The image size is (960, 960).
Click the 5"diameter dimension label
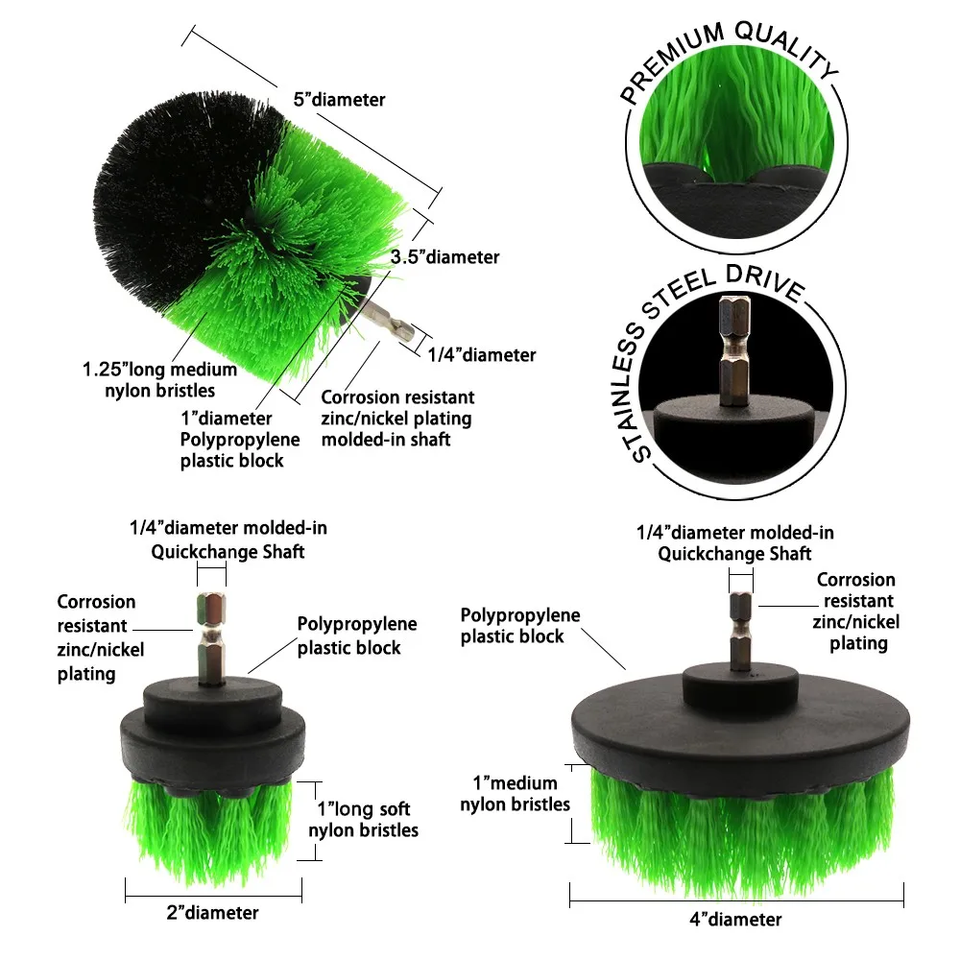(339, 99)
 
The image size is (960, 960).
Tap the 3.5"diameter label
(445, 256)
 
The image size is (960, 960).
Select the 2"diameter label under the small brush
(212, 912)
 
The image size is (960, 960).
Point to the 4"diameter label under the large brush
(735, 919)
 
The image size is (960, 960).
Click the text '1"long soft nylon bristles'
(364, 819)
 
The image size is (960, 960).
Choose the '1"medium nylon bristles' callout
(515, 794)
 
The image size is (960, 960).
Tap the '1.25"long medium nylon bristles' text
(159, 379)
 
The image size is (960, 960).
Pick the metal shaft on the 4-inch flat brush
(741, 632)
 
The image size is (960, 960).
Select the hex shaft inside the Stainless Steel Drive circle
(734, 350)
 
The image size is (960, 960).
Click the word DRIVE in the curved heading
(765, 283)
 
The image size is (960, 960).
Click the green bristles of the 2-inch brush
(209, 832)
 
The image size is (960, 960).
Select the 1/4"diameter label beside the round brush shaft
(481, 354)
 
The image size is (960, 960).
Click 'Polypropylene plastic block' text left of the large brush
(519, 625)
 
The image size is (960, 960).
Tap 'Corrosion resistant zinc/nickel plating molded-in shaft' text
(397, 419)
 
